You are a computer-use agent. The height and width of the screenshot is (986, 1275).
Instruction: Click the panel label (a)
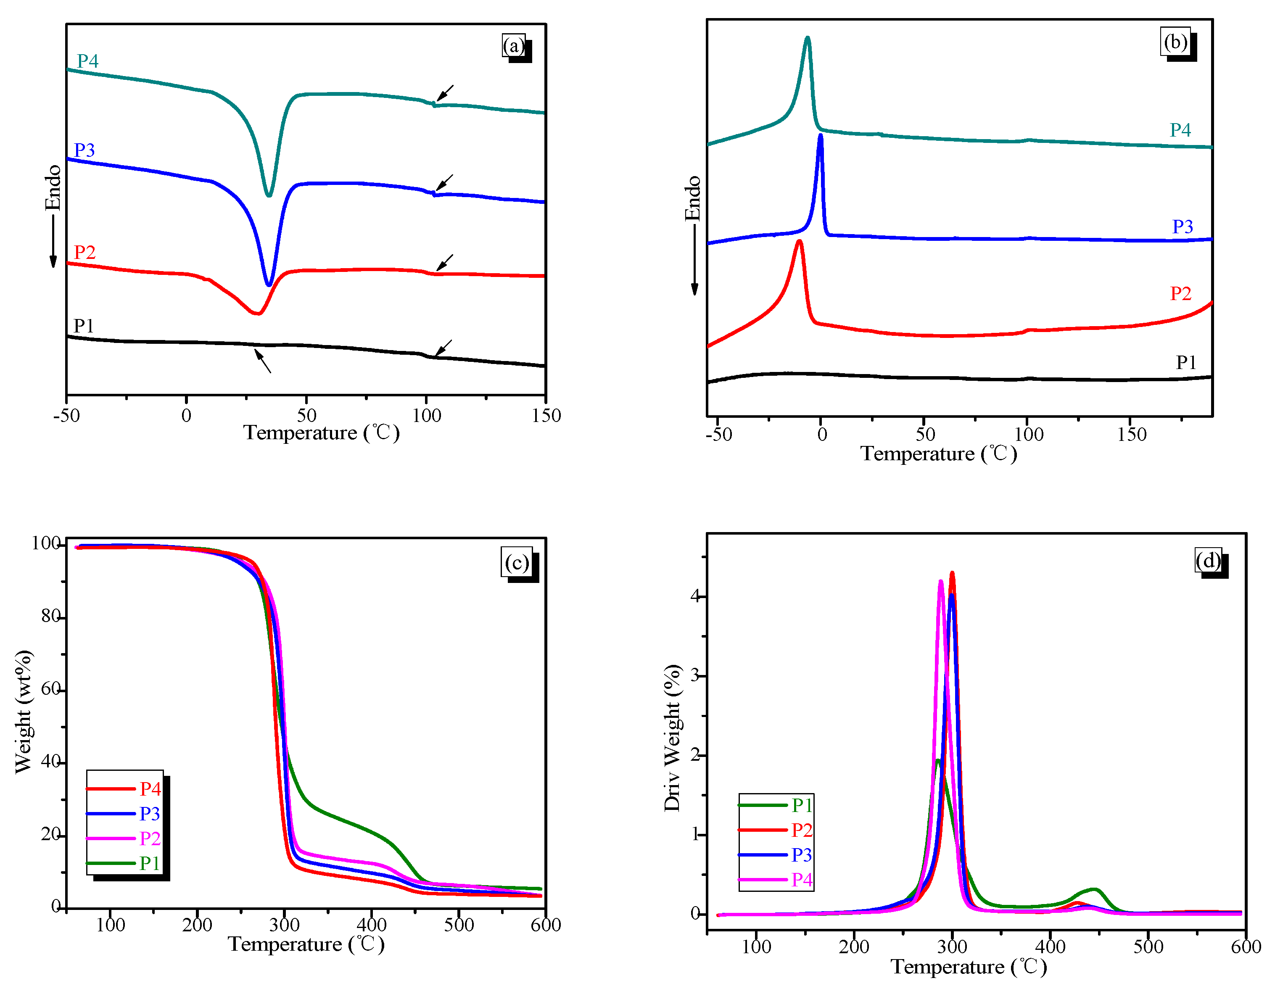[514, 45]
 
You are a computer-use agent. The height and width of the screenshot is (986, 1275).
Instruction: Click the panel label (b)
[1175, 42]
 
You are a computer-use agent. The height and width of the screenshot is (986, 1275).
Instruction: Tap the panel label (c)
[517, 563]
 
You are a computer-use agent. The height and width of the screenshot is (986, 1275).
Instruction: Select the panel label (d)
[1208, 560]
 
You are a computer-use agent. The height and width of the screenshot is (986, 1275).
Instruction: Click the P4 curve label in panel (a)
[87, 61]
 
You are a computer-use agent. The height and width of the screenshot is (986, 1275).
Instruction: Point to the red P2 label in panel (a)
[84, 252]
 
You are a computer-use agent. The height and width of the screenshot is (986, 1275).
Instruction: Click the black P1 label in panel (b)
[1186, 363]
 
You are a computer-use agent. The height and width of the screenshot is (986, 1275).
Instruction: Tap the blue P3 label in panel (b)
[1182, 227]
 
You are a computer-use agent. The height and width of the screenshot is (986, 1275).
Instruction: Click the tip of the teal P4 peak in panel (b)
[808, 38]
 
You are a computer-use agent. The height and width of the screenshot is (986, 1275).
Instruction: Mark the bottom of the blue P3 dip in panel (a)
[269, 284]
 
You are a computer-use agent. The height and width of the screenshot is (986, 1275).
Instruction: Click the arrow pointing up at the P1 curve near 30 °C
[262, 360]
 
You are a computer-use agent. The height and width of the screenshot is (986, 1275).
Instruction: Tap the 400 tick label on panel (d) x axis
[1050, 946]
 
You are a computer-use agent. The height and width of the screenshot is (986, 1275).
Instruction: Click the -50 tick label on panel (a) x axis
[66, 416]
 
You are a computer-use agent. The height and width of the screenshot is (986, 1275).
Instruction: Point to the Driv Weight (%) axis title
[673, 738]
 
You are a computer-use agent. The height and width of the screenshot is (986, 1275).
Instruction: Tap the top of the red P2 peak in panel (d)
[952, 573]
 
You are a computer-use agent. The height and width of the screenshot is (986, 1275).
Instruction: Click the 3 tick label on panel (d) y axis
[695, 675]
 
